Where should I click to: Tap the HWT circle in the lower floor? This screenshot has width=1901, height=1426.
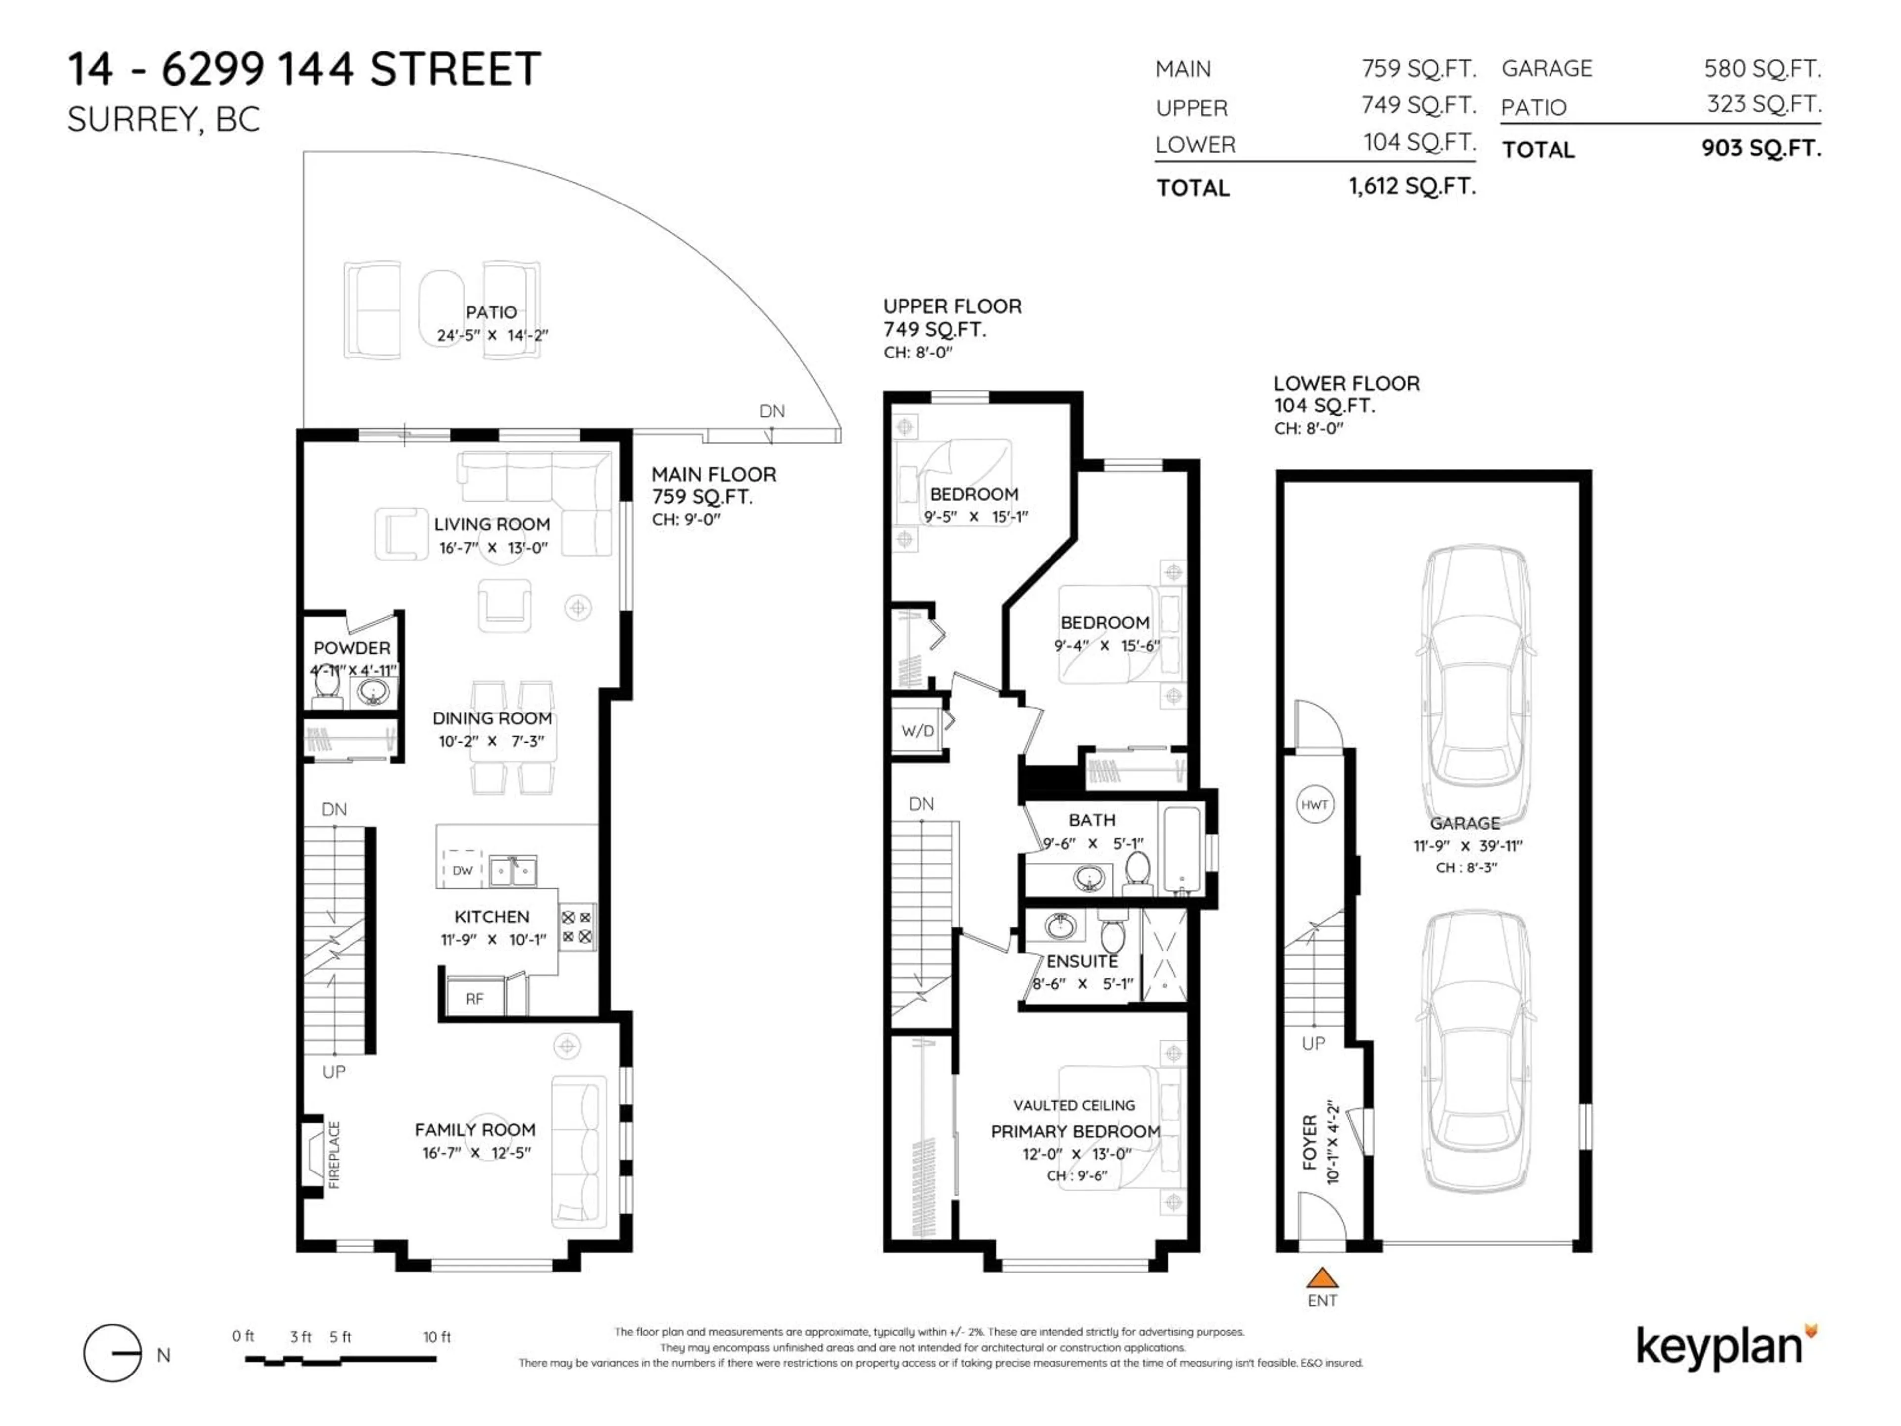1314,805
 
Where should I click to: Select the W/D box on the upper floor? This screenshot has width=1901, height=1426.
918,731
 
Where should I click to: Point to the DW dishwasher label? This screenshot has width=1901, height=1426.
462,870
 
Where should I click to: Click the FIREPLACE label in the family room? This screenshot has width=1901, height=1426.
334,1154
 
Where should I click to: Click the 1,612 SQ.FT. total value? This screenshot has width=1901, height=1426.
1412,186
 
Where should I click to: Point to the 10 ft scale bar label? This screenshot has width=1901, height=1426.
437,1336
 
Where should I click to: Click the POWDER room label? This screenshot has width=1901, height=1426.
351,647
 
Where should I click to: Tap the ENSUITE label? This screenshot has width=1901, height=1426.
1082,961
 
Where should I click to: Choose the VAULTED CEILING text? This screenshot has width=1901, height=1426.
1074,1105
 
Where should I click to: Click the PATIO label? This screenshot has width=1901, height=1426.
492,312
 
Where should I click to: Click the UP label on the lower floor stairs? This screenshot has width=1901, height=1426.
1313,1043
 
